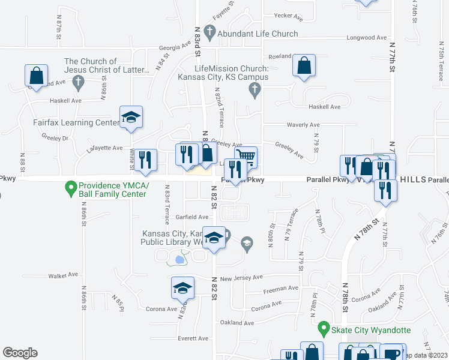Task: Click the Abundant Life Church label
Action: pyautogui.click(x=258, y=34)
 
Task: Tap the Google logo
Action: pyautogui.click(x=20, y=353)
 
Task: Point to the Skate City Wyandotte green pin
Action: pyautogui.click(x=324, y=329)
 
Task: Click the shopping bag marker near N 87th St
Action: pyautogui.click(x=36, y=76)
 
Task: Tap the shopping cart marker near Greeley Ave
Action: pyautogui.click(x=247, y=157)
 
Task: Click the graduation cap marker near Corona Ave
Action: pyautogui.click(x=182, y=289)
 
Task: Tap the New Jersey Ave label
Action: pyautogui.click(x=241, y=278)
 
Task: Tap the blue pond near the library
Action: pyautogui.click(x=179, y=260)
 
